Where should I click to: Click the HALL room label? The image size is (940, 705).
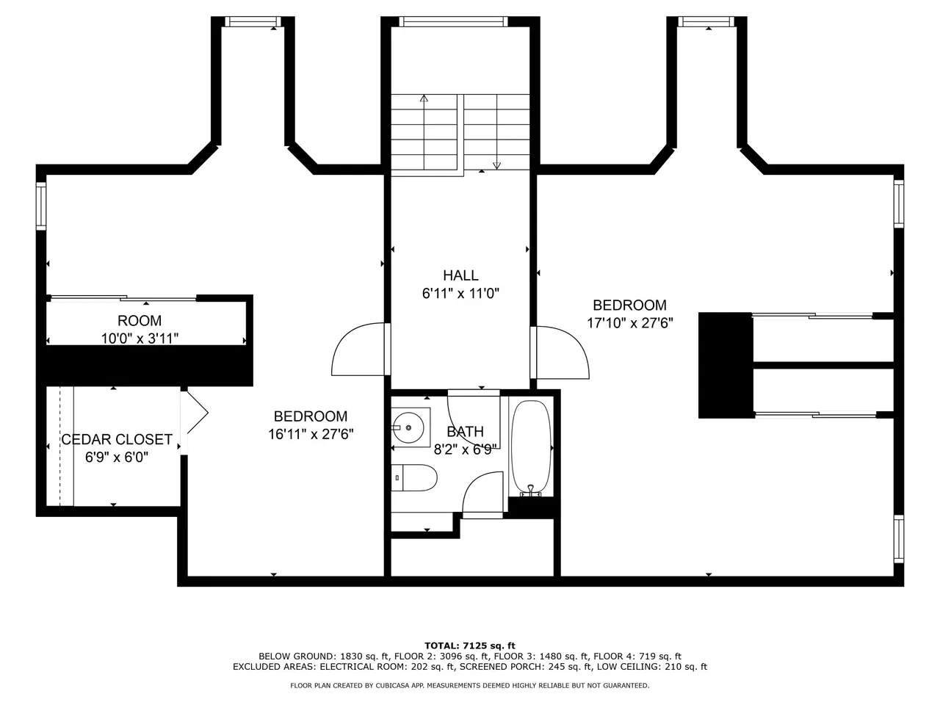pyautogui.click(x=460, y=275)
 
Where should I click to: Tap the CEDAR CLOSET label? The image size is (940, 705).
pyautogui.click(x=117, y=439)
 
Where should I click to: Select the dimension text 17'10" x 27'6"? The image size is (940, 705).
pyautogui.click(x=629, y=322)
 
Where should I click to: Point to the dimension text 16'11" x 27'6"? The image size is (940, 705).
pyautogui.click(x=311, y=434)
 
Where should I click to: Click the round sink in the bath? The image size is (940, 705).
pyautogui.click(x=408, y=427)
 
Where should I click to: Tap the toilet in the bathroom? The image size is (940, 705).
pyautogui.click(x=413, y=477)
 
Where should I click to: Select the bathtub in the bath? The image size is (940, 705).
pyautogui.click(x=531, y=449)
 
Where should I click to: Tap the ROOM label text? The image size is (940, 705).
pyautogui.click(x=140, y=321)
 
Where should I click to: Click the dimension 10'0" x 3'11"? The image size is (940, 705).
pyautogui.click(x=140, y=339)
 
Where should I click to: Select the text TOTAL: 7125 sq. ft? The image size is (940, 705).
pyautogui.click(x=470, y=646)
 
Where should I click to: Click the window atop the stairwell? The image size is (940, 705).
pyautogui.click(x=453, y=21)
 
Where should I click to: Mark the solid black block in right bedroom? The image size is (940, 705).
pyautogui.click(x=726, y=365)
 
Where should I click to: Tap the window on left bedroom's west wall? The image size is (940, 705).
pyautogui.click(x=41, y=206)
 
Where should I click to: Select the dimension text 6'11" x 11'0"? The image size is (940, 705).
pyautogui.click(x=460, y=293)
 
